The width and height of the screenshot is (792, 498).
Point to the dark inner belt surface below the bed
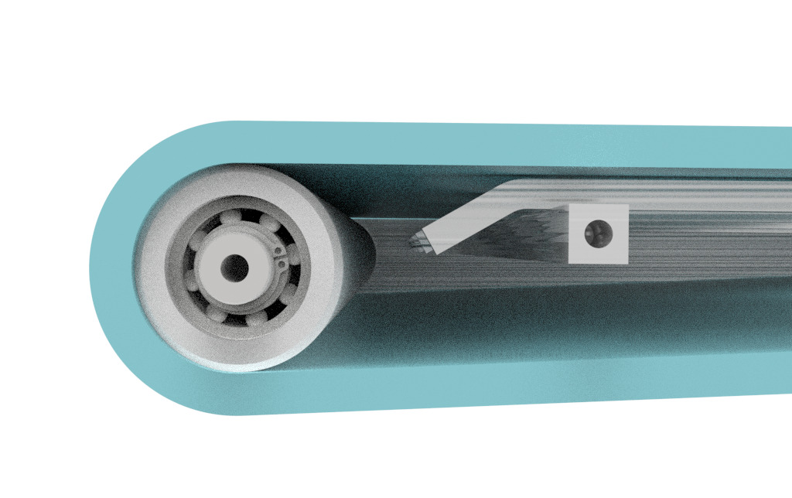tap(541, 325)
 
